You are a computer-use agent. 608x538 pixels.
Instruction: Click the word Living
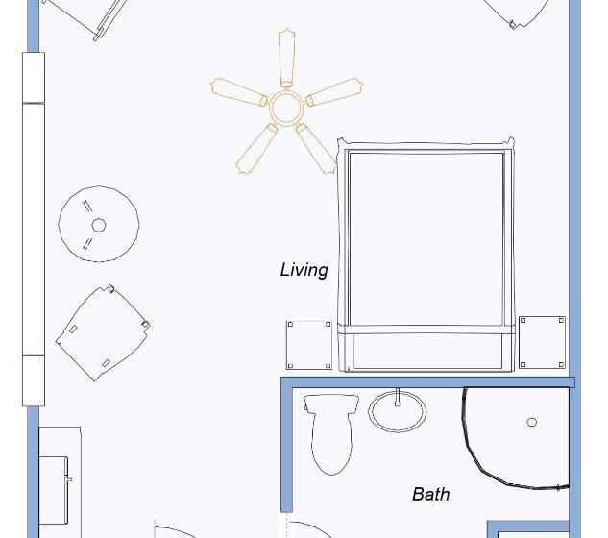point(304,270)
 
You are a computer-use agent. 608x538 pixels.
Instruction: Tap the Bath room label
point(431,494)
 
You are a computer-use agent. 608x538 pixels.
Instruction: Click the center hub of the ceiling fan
point(286,107)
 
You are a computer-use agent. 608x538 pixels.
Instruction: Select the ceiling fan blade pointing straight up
point(286,58)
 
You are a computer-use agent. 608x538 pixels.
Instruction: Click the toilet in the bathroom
point(331,432)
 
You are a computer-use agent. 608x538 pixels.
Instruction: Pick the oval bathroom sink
point(397,411)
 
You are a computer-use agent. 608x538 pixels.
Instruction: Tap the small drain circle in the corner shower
point(531,422)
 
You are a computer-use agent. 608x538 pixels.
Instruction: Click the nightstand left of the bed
point(309,345)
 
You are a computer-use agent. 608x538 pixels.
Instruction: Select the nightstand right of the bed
point(542,342)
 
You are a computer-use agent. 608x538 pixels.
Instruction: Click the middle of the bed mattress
point(426,238)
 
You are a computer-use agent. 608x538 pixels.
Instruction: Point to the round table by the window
point(99,224)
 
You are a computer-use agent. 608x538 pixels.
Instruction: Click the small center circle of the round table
point(99,226)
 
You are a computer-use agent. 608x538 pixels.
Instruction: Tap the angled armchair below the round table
point(103,332)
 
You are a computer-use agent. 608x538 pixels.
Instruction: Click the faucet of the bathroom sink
point(397,398)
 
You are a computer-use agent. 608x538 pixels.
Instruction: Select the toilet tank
point(331,403)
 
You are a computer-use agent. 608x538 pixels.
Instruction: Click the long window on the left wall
point(34,229)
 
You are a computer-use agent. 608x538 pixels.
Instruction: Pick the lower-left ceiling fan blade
point(256,149)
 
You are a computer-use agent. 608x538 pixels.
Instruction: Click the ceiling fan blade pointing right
point(334,92)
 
